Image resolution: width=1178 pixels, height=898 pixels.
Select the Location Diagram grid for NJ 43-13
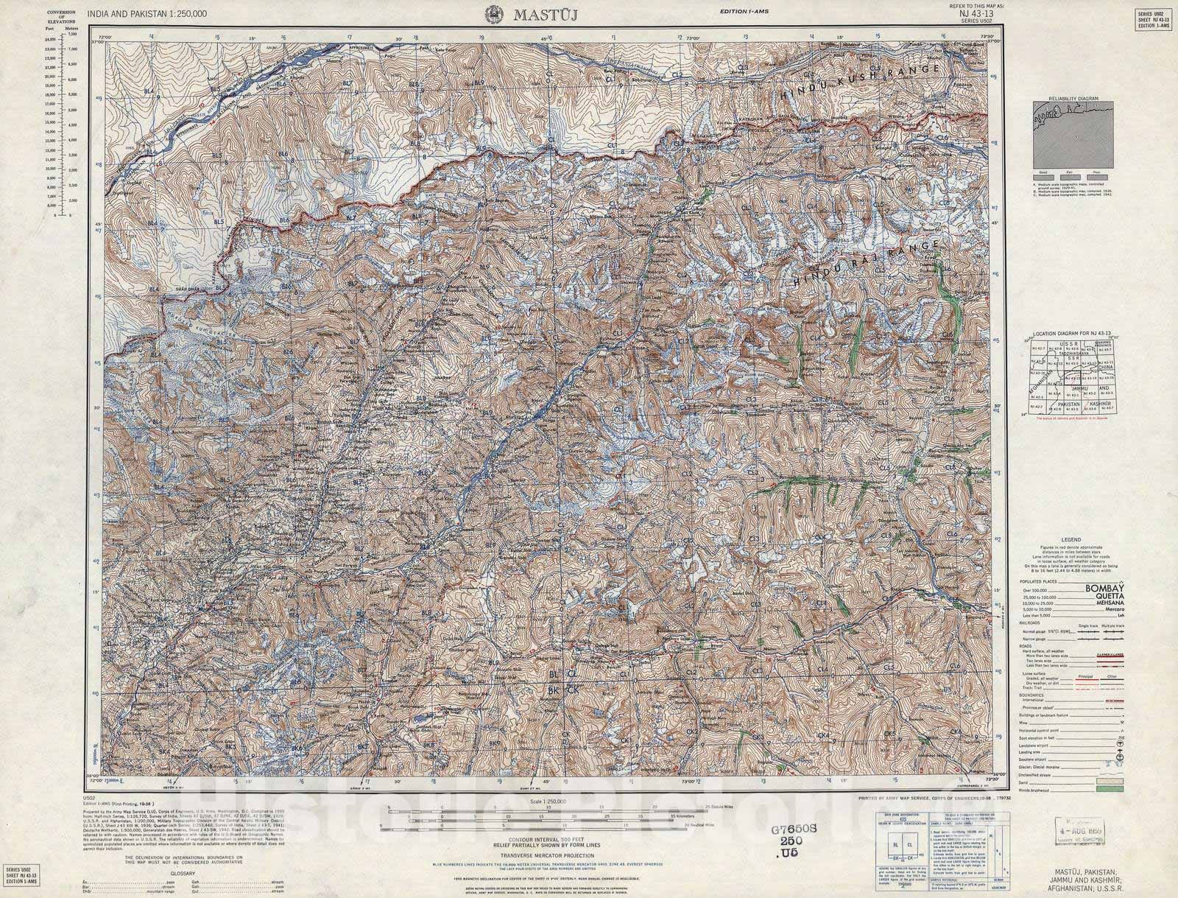point(1060,376)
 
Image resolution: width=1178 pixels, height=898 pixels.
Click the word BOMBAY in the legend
point(1107,588)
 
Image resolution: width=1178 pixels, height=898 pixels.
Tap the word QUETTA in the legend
point(1109,597)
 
